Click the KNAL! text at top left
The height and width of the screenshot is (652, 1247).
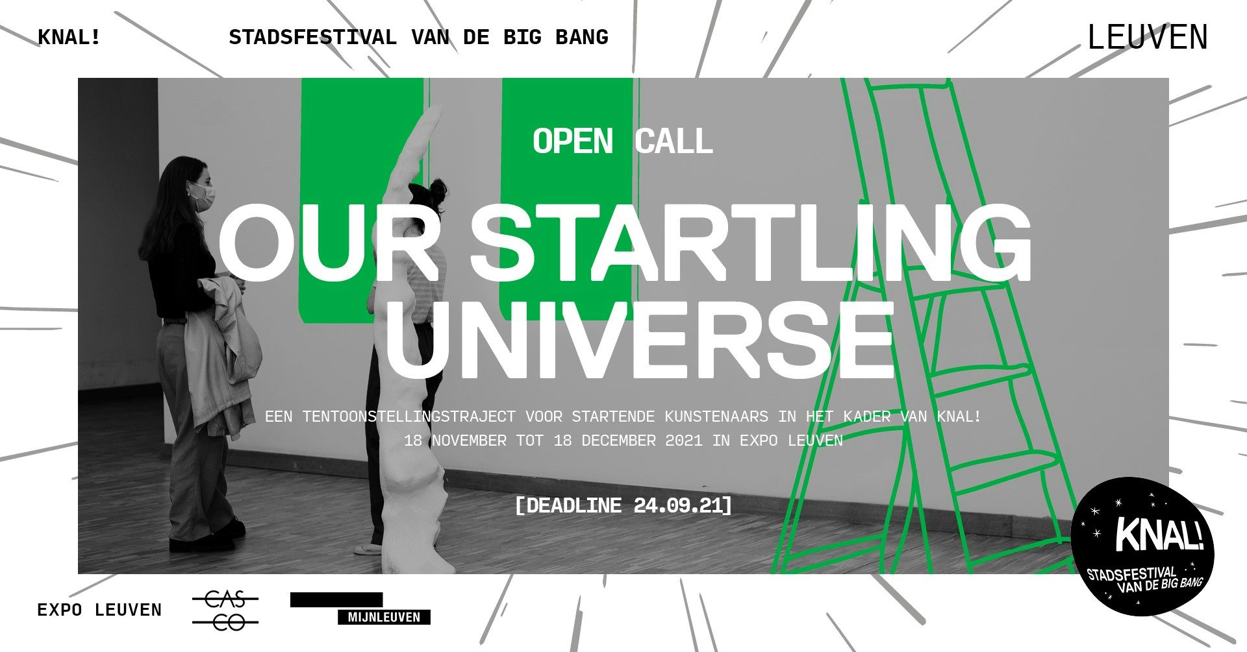[69, 37]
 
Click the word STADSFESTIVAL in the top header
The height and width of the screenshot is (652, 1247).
[312, 37]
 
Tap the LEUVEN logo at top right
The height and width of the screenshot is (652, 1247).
[1148, 38]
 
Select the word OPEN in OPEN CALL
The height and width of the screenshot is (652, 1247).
[573, 141]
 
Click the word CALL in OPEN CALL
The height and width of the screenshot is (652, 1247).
[674, 141]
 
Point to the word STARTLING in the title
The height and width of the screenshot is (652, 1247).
[751, 243]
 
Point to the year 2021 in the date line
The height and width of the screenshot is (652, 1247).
[684, 441]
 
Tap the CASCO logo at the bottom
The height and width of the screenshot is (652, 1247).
[225, 610]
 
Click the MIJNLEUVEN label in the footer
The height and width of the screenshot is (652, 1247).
[384, 617]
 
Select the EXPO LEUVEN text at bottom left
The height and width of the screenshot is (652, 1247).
[99, 610]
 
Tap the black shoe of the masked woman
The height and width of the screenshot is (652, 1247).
[195, 544]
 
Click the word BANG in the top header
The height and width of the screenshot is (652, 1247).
[582, 37]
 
